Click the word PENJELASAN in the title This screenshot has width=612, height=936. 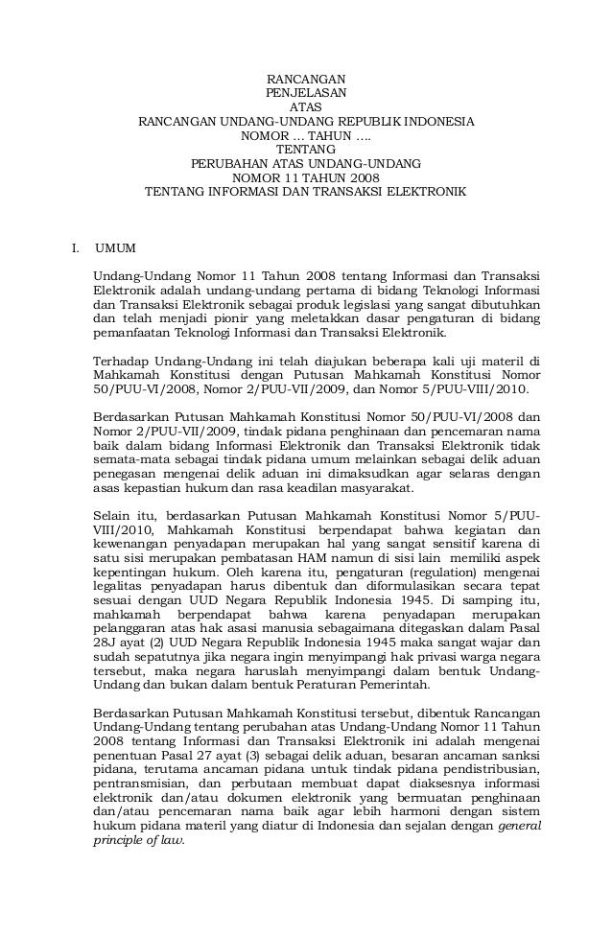306,93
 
